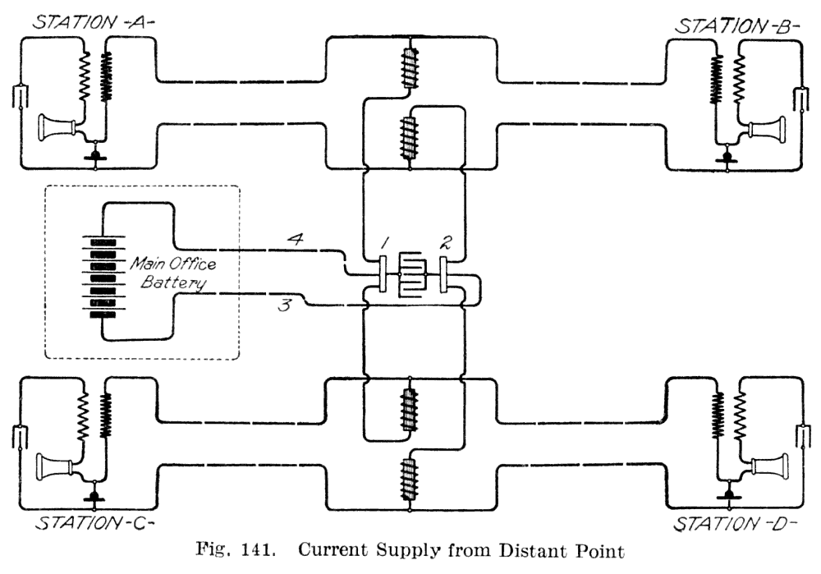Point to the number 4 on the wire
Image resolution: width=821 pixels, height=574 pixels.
click(296, 239)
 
